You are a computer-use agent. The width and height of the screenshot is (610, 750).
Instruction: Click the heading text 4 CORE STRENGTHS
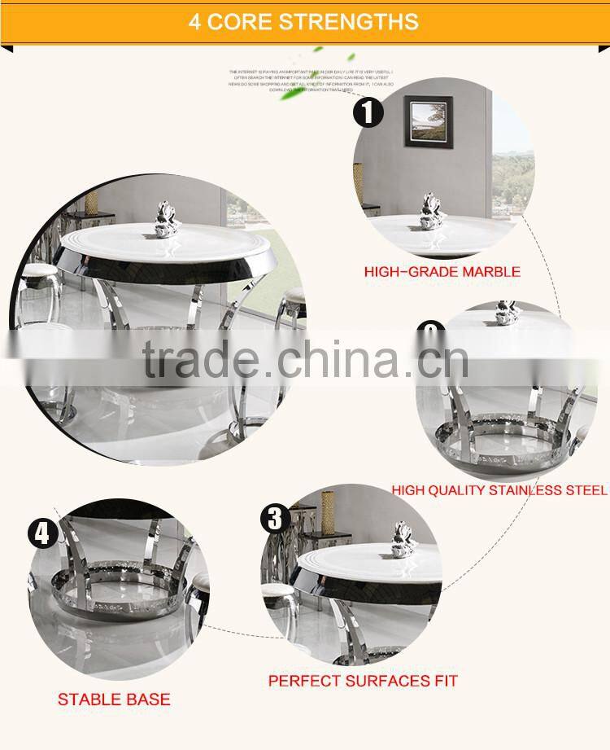point(304,21)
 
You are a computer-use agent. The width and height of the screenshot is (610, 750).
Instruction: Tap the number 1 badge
point(368,112)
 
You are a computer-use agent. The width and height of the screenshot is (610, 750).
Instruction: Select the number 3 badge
point(275,519)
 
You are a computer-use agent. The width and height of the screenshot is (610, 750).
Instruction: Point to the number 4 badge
point(42,534)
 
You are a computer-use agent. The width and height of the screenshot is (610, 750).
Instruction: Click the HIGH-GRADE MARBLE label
point(442,272)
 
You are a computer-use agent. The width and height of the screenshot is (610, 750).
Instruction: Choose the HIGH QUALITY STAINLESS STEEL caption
point(499,490)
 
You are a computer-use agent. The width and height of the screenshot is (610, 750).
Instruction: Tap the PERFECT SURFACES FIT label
point(363,680)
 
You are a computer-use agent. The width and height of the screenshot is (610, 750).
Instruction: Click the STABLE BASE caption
point(114,700)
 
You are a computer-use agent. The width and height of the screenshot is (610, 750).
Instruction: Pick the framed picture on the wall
point(428,122)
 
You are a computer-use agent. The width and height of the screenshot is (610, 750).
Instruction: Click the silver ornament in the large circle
point(168,218)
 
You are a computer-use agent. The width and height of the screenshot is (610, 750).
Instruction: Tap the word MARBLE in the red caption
point(490,272)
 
